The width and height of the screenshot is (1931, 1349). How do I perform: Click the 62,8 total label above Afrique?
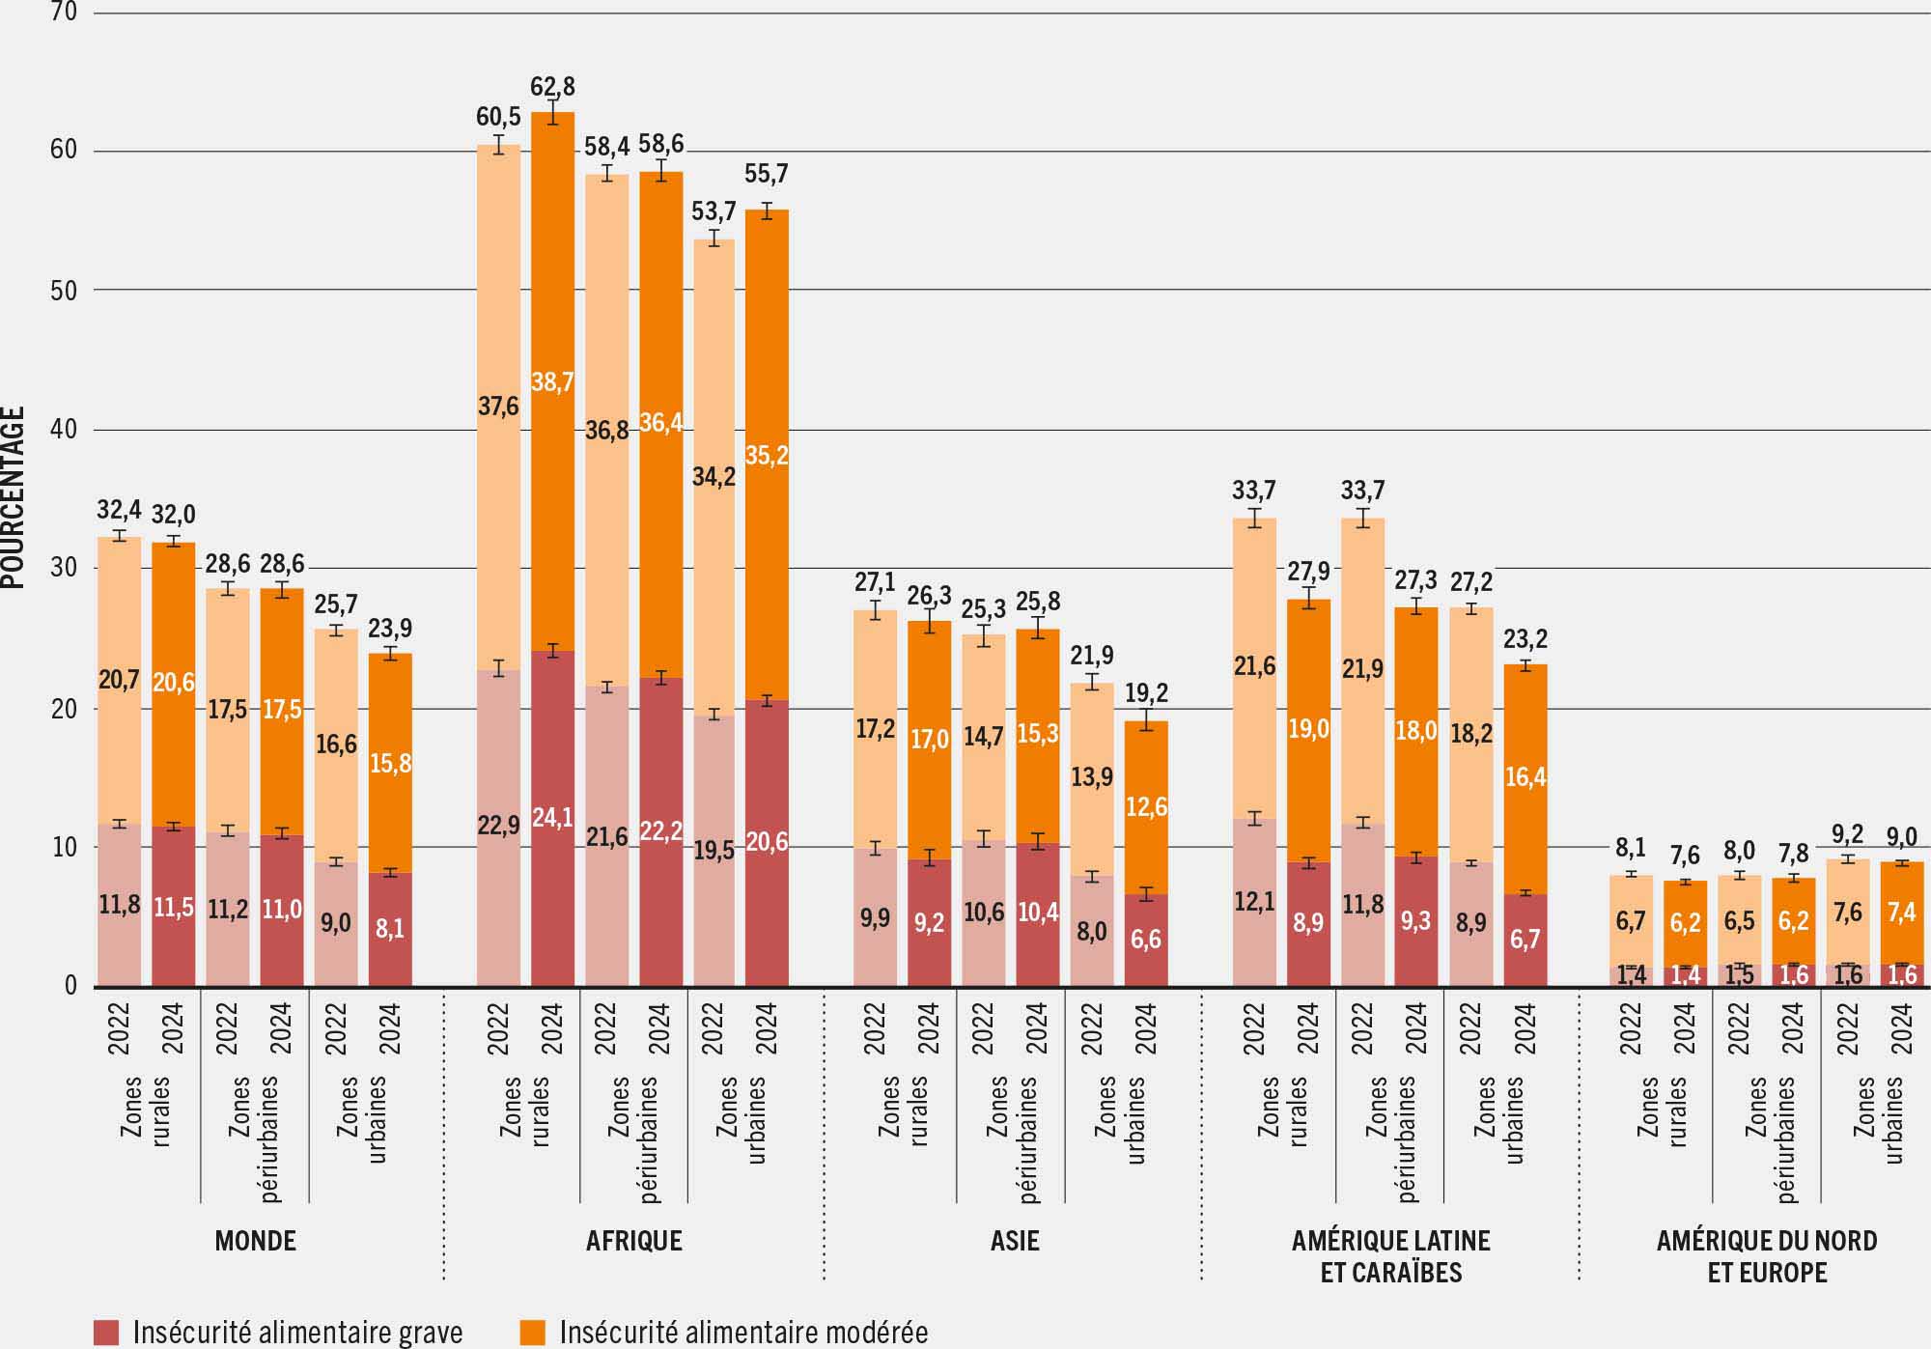(x=552, y=87)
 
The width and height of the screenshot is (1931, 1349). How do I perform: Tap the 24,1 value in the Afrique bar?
(x=552, y=818)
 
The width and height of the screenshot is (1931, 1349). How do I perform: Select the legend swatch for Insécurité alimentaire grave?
(x=106, y=1333)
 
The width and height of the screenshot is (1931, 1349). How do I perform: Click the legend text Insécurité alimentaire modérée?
(x=743, y=1333)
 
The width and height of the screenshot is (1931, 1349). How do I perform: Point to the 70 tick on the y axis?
(x=64, y=13)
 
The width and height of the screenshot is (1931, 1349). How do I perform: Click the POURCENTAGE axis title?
(x=14, y=497)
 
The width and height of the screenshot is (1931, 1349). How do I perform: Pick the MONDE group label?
(x=255, y=1241)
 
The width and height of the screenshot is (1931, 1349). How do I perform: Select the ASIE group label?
(x=1015, y=1241)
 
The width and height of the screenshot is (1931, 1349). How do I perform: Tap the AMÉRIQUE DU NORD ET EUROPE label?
(x=1767, y=1256)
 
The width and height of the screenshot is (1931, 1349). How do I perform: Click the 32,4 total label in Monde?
(x=120, y=509)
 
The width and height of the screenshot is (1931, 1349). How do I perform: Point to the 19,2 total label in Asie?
(x=1146, y=692)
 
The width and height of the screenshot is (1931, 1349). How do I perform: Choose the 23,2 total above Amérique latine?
(x=1525, y=639)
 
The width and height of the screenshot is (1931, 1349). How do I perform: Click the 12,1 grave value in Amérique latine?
(x=1254, y=902)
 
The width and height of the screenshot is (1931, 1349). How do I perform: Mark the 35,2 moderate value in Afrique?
(x=767, y=455)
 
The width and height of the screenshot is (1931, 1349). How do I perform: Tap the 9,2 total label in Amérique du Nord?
(x=1848, y=834)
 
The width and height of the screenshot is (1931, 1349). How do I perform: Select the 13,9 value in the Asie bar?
(x=1092, y=776)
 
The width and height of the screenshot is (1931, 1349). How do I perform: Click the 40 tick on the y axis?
(x=64, y=429)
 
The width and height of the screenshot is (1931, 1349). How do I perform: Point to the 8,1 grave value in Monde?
(x=390, y=928)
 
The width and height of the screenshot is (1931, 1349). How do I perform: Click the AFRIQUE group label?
(x=634, y=1241)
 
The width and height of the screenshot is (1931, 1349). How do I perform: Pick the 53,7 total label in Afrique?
(x=714, y=211)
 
